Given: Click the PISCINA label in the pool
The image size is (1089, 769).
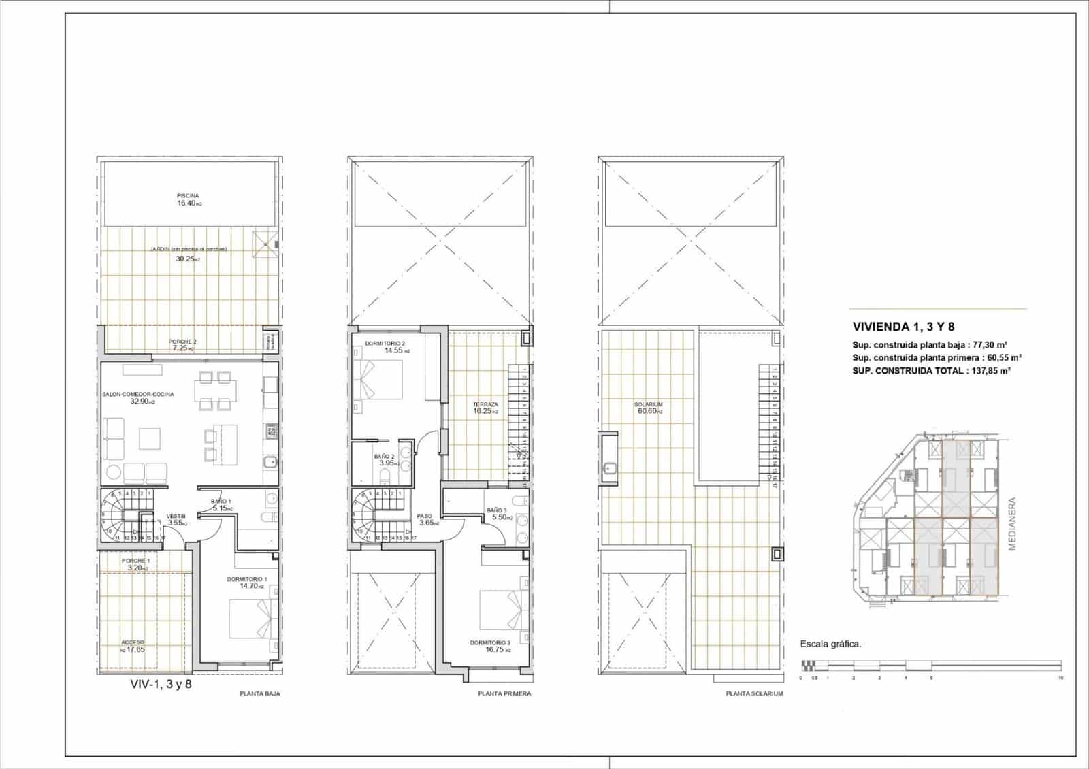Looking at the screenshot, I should [188, 196].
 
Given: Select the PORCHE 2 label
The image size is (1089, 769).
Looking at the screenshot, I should [182, 342].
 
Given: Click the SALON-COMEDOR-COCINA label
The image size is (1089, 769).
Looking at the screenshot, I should [138, 394].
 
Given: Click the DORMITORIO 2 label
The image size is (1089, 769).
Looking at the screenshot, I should [385, 343].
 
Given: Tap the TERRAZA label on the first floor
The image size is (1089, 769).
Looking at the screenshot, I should [486, 404].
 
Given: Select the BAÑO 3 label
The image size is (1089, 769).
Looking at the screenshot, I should [496, 510].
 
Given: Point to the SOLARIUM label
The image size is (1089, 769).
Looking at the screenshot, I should [650, 404].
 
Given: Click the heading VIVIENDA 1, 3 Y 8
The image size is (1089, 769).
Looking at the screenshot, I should [908, 327].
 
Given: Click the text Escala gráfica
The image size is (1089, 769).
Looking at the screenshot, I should [831, 644].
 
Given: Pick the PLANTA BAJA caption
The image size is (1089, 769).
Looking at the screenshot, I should [260, 694].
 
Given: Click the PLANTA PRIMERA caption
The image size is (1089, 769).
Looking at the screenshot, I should [504, 694].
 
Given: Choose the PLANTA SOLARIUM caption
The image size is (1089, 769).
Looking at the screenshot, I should [754, 694].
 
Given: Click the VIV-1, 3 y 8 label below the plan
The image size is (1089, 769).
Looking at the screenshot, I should [161, 684].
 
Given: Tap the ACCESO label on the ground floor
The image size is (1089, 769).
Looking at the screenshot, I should [133, 642].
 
